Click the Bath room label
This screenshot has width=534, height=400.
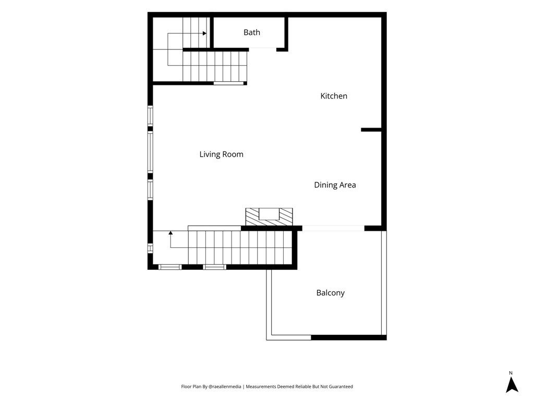pos(252,32)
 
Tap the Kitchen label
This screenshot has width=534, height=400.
pos(334,96)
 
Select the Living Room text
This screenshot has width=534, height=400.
pos(221,154)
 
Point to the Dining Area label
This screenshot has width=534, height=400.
pos(335,185)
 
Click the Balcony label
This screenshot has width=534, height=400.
pos(330,293)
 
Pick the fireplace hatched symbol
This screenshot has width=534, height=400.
pos(269,217)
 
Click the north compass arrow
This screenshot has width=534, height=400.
pos(512,385)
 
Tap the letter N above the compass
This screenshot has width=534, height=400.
pos(511,373)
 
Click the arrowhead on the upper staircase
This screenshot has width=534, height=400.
pos(204,33)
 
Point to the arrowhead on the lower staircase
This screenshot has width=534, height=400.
pos(171,233)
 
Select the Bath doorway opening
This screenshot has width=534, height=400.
pos(263,49)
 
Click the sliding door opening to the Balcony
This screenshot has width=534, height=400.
pos(333,228)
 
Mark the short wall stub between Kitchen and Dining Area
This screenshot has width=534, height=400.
pos(371,130)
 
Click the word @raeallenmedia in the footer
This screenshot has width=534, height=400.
pos(225,386)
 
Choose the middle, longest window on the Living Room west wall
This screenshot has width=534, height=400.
pos(150,152)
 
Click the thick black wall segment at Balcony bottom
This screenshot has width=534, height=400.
pos(349,337)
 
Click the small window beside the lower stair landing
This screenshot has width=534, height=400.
pos(150,248)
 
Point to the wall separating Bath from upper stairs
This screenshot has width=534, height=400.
pos(212,33)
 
